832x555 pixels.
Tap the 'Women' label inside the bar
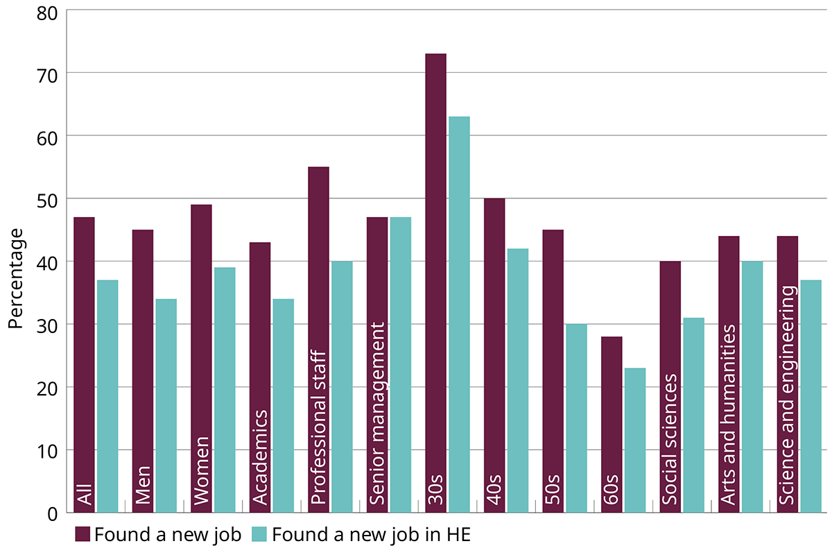pos(201,471)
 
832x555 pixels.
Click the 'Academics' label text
pos(260,457)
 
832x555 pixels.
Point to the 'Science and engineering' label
pos(788,395)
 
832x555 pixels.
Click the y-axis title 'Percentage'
pos(16,277)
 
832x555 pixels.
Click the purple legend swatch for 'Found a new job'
pos(83,534)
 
